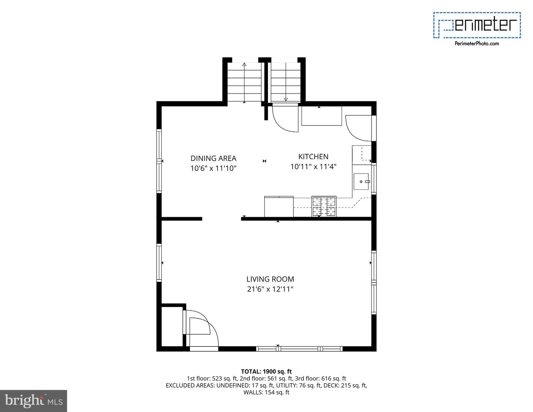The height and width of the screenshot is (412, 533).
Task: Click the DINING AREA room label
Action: pyautogui.click(x=213, y=158)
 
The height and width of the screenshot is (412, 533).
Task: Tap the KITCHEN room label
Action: pyautogui.click(x=313, y=157)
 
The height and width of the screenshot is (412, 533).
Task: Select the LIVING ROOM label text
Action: pyautogui.click(x=270, y=279)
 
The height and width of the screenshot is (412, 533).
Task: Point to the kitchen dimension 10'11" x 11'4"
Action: pyautogui.click(x=313, y=167)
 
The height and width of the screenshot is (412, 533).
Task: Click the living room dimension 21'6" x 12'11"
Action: pyautogui.click(x=270, y=289)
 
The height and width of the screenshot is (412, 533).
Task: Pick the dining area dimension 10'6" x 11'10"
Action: pyautogui.click(x=213, y=168)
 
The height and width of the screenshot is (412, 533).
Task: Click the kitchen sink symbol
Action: pyautogui.click(x=362, y=182)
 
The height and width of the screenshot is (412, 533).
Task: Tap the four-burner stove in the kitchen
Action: pyautogui.click(x=324, y=207)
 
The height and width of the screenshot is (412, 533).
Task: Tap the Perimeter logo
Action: pyautogui.click(x=477, y=25)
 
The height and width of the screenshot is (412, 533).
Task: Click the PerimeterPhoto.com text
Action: pyautogui.click(x=477, y=44)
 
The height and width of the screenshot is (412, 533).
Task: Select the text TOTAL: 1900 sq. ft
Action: pyautogui.click(x=266, y=371)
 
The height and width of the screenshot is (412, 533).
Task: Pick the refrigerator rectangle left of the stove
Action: pyautogui.click(x=279, y=207)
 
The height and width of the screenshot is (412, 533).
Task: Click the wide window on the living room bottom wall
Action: pyautogui.click(x=299, y=348)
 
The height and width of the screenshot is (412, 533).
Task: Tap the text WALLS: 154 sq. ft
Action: pyautogui.click(x=266, y=392)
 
